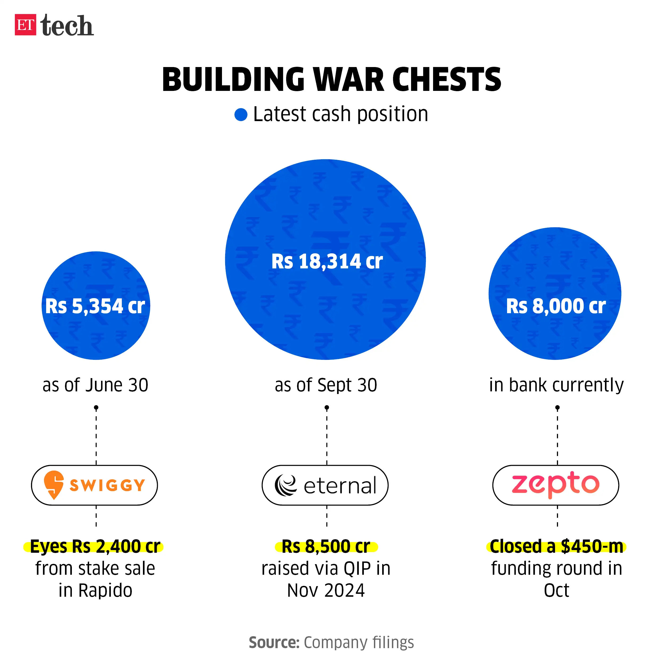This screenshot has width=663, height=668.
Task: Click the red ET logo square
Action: click(25, 25)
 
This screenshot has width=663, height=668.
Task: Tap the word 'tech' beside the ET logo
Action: click(67, 26)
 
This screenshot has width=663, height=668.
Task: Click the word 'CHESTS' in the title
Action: click(446, 80)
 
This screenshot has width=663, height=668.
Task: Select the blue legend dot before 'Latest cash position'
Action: click(241, 114)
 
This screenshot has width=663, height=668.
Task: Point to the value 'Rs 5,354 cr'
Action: click(95, 306)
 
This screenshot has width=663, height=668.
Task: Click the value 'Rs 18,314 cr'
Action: click(327, 261)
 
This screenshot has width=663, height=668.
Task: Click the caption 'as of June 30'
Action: click(95, 385)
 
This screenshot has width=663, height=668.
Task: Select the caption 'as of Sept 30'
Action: click(326, 385)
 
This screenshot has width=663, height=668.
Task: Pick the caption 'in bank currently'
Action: click(556, 385)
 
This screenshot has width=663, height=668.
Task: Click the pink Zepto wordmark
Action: click(555, 484)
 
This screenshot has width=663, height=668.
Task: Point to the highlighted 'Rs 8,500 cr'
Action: click(326, 547)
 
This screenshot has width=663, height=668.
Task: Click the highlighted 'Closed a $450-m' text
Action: click(556, 547)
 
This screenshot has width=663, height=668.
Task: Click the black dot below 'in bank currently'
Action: click(557, 408)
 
